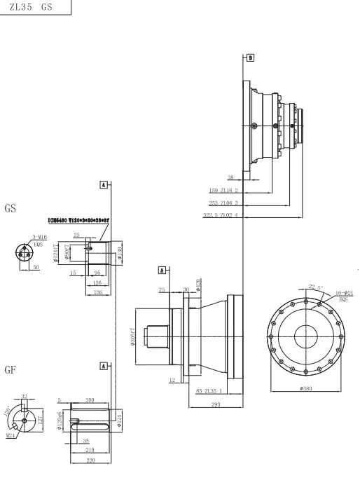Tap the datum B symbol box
click(251, 55)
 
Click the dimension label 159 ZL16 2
click(224, 190)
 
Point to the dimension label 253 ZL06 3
click(224, 203)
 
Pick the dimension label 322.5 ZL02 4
click(221, 215)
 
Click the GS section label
click(11, 208)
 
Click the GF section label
click(11, 369)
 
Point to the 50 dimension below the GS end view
click(34, 267)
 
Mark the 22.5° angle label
click(315, 287)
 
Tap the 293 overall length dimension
click(216, 404)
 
